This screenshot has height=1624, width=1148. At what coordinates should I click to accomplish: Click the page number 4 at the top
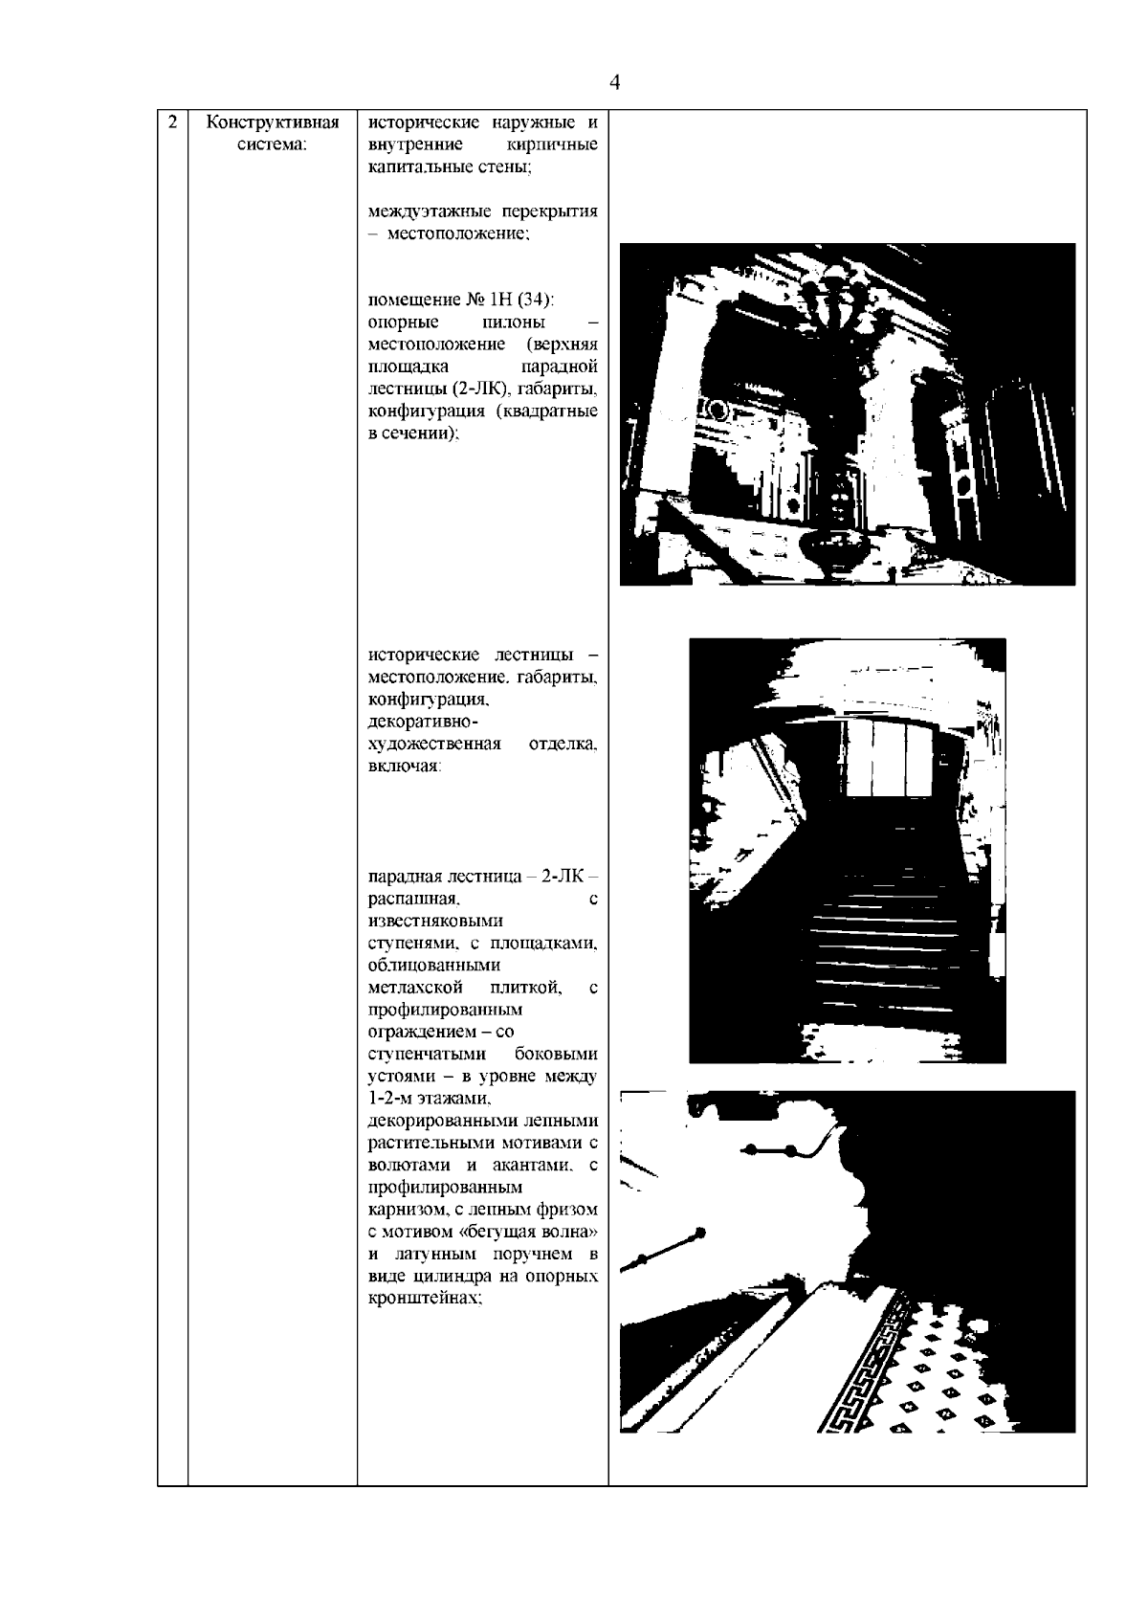[615, 83]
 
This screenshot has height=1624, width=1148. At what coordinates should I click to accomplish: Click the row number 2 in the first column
[172, 122]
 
